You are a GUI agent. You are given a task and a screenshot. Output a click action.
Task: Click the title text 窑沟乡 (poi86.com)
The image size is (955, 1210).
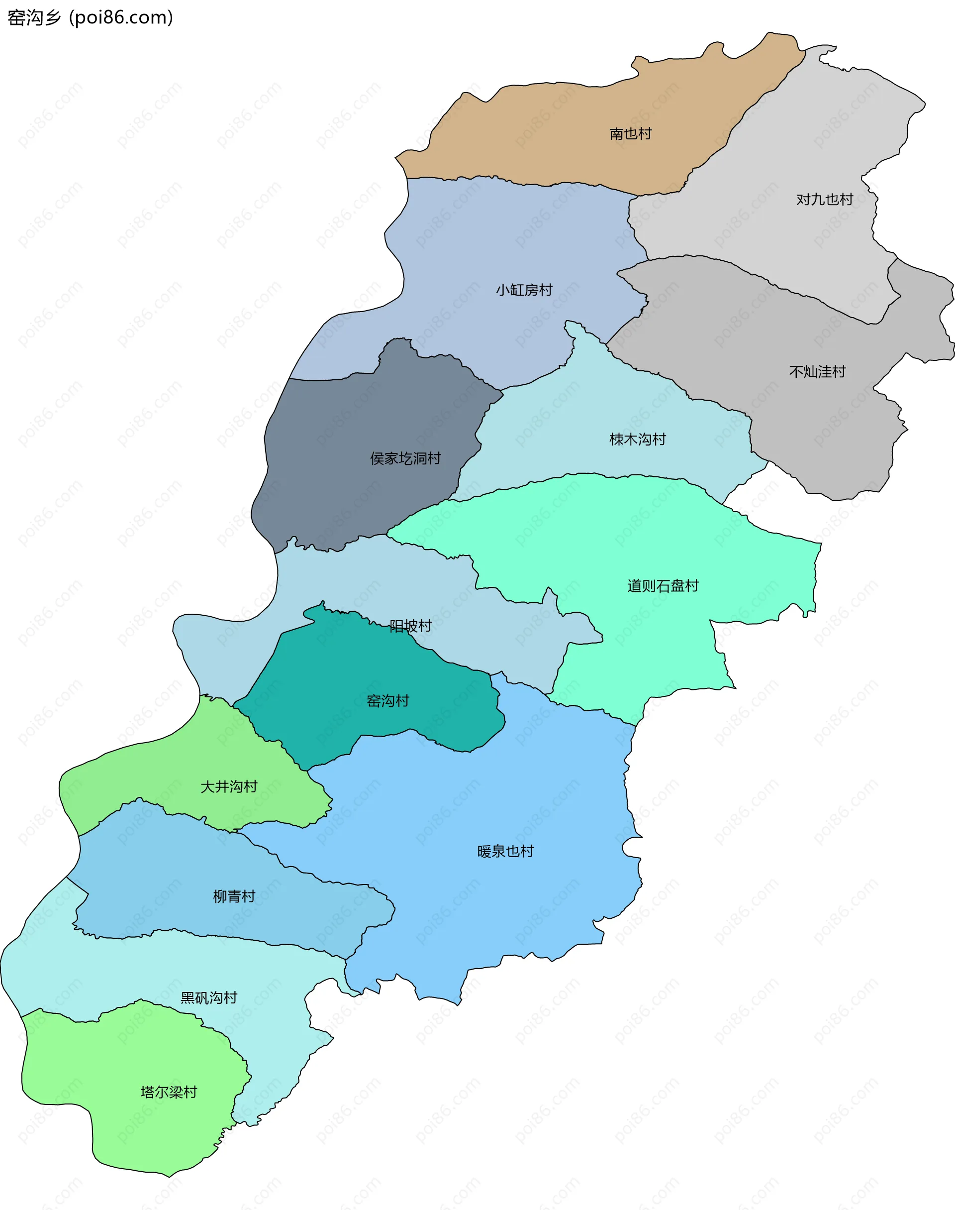(90, 17)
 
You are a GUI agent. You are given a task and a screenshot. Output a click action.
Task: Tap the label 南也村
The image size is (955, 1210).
(630, 134)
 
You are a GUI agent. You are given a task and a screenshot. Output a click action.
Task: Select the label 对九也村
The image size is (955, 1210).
(824, 200)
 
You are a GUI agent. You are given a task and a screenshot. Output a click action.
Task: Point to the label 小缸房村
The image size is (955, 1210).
(524, 290)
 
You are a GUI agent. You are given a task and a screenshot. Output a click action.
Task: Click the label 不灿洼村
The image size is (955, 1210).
(817, 372)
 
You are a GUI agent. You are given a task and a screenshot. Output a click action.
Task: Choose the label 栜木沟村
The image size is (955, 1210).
(637, 439)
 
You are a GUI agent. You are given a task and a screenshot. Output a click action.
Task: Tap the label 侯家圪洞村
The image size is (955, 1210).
(405, 459)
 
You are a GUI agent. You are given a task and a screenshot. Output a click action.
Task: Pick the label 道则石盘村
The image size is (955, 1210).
(663, 586)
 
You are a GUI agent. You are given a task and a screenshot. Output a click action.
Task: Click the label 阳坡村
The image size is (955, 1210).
(410, 626)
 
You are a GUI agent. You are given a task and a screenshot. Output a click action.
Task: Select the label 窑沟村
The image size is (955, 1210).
(387, 701)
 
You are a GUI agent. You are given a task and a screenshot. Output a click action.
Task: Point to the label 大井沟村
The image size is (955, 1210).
(229, 786)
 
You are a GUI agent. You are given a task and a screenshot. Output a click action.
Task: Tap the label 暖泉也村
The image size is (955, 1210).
(505, 852)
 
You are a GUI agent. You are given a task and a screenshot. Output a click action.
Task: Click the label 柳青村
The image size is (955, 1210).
(234, 897)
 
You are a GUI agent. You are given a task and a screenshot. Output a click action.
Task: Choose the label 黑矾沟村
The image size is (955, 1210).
(208, 997)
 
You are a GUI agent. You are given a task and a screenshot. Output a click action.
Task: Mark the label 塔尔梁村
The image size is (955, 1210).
(169, 1092)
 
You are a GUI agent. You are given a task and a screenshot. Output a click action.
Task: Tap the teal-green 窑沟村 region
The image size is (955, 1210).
(347, 671)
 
